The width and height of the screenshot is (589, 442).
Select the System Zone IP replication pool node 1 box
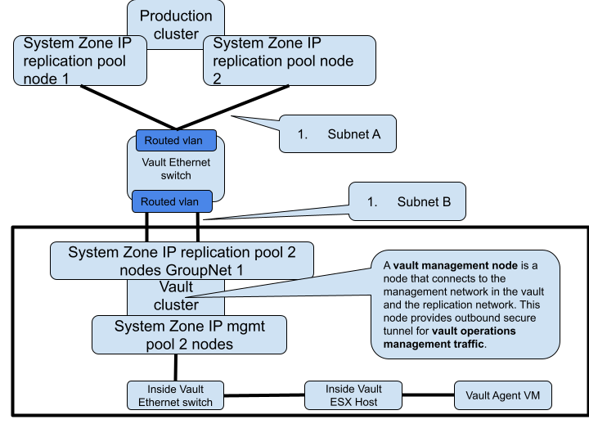pyautogui.click(x=80, y=61)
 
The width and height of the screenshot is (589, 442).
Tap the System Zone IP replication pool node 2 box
pyautogui.click(x=289, y=61)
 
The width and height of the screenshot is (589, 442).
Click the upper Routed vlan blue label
pyautogui.click(x=174, y=141)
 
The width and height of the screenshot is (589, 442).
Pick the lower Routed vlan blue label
pyautogui.click(x=170, y=201)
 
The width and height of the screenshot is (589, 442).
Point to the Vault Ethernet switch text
pyautogui.click(x=176, y=169)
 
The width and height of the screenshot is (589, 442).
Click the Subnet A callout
pyautogui.click(x=338, y=134)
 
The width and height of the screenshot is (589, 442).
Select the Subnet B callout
pyautogui.click(x=407, y=201)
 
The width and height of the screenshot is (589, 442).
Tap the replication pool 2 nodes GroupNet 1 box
pyautogui.click(x=182, y=261)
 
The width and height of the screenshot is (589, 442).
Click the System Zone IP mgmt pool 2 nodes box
pyautogui.click(x=189, y=335)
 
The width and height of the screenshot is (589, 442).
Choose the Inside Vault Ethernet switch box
pyautogui.click(x=175, y=395)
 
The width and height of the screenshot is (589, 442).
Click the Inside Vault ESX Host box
pyautogui.click(x=353, y=395)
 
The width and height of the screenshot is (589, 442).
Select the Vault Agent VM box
pyautogui.click(x=503, y=395)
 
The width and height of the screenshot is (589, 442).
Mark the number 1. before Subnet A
pyautogui.click(x=302, y=134)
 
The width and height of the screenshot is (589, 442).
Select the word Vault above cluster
pyautogui.click(x=176, y=287)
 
